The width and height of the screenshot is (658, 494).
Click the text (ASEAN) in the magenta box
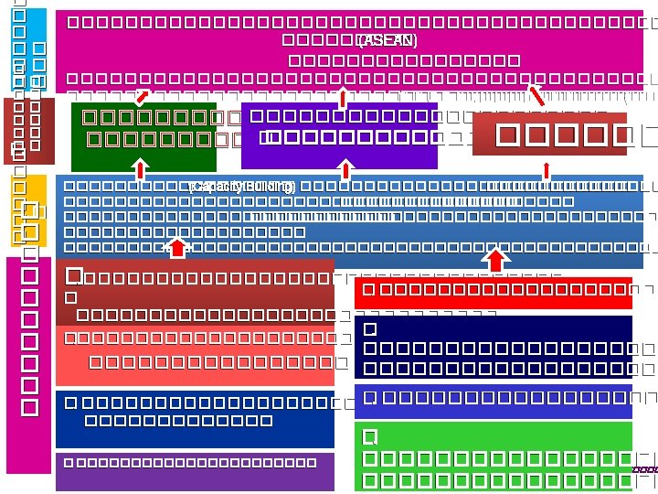click(387, 40)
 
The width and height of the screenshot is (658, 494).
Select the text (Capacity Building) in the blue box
click(241, 187)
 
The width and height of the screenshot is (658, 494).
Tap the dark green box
click(143, 136)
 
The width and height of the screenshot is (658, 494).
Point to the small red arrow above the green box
click(142, 95)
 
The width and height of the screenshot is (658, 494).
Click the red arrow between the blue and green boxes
click(140, 168)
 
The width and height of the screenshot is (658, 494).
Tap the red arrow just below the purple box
click(345, 168)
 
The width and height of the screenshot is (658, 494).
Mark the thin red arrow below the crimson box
click(546, 169)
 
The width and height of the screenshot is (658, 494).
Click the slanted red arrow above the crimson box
click(537, 94)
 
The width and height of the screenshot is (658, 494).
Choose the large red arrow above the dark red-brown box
click(178, 247)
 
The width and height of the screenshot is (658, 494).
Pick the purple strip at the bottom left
click(195, 471)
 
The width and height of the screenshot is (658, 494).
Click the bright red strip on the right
click(505, 291)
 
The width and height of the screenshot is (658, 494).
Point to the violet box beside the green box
click(339, 135)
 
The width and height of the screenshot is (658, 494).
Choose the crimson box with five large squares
click(549, 134)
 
